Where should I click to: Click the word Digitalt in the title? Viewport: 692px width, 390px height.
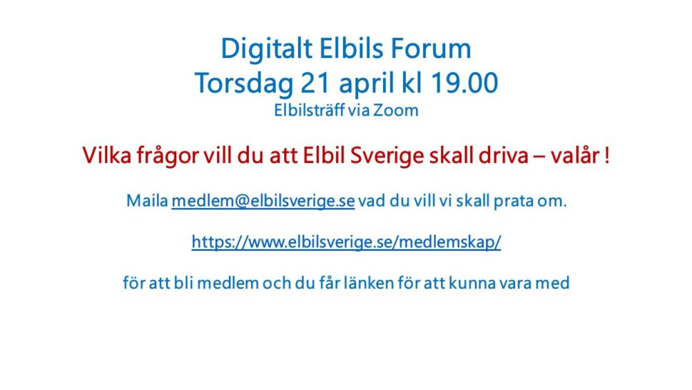click(267, 49)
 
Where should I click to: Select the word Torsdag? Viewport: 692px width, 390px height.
click(244, 84)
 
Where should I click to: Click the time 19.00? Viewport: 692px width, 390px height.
click(464, 83)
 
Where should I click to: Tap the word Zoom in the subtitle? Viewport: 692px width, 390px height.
click(396, 111)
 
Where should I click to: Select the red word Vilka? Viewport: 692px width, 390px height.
click(107, 156)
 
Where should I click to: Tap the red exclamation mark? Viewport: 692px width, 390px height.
click(607, 156)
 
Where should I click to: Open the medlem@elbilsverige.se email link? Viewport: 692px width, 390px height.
click(263, 201)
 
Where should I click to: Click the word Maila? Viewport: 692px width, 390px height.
click(148, 201)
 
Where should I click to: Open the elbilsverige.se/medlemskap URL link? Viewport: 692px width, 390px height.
click(347, 242)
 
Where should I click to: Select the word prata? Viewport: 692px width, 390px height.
click(513, 202)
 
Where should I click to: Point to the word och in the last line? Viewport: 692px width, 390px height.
click(277, 283)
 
